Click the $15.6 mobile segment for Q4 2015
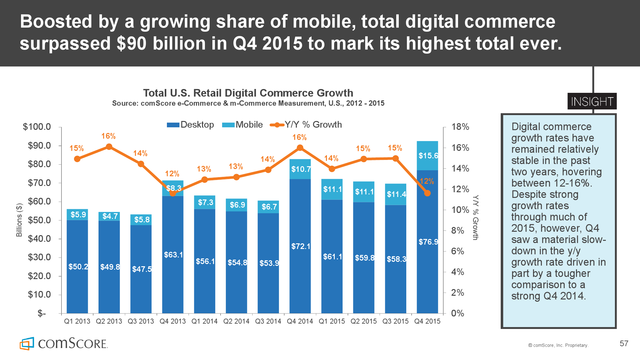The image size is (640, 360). point(427,156)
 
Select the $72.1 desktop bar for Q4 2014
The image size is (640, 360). point(300,246)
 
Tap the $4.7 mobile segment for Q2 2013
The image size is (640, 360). point(109,216)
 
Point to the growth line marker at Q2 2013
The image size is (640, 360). point(109,147)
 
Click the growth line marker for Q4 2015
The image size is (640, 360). point(427,193)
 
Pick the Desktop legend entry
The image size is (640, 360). point(190,125)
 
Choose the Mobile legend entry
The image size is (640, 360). point(243,125)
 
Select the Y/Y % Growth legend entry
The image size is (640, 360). point(306,125)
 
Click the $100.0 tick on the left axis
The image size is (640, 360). point(37,127)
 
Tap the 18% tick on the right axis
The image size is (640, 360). point(460,127)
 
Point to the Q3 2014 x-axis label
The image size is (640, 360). point(268,321)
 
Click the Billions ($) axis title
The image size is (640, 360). point(19,220)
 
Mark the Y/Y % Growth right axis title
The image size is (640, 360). point(476,218)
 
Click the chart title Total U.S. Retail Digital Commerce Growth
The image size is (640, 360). point(248,93)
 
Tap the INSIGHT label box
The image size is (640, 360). point(592,102)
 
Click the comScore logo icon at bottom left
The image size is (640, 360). point(27,344)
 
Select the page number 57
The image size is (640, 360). point(624,344)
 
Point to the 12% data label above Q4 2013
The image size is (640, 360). point(172,174)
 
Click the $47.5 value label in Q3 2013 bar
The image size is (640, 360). point(141,269)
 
